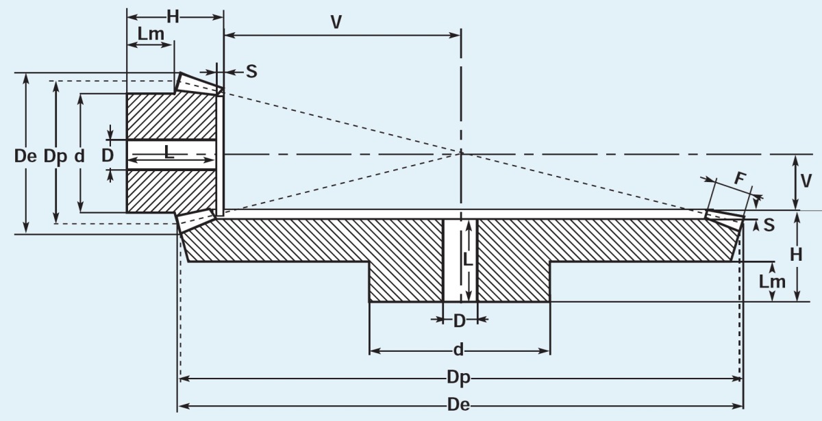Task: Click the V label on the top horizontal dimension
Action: coord(336,23)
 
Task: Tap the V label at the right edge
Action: coord(806,181)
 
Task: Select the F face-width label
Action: coord(739,178)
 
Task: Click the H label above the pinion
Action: coord(173,17)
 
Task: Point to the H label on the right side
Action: coord(796,255)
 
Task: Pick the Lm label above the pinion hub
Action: coord(150,34)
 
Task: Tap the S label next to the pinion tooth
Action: coord(251,71)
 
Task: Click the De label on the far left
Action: coord(25,156)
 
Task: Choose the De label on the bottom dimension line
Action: coord(458,405)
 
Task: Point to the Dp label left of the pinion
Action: coord(55,156)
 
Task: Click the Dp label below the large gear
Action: coord(460,378)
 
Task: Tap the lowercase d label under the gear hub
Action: coord(458,351)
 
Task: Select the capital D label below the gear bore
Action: coord(460,320)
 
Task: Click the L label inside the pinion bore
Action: coord(169,154)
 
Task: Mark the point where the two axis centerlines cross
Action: coord(461,154)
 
